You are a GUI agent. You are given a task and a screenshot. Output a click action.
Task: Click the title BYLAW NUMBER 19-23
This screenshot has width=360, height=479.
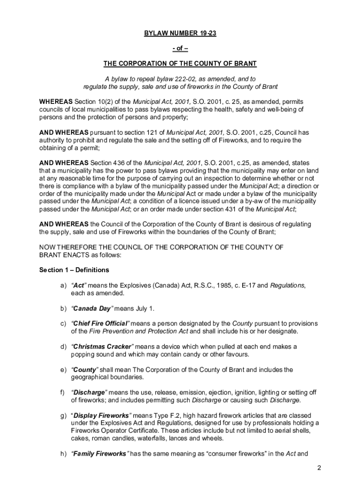pyautogui.click(x=180, y=34)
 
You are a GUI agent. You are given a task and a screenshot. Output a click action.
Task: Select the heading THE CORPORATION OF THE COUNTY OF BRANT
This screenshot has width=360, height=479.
pyautogui.click(x=180, y=64)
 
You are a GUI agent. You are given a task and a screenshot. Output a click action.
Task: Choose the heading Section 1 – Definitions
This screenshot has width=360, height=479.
pyautogui.click(x=74, y=270)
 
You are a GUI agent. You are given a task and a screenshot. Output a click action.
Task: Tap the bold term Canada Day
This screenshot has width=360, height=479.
pyautogui.click(x=91, y=308)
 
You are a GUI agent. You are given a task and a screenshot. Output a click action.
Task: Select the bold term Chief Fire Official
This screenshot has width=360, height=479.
pyautogui.click(x=101, y=324)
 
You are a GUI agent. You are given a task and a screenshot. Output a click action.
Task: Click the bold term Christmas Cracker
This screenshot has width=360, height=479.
pyautogui.click(x=102, y=347)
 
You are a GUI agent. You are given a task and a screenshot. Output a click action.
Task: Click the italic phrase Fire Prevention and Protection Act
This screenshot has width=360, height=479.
pyautogui.click(x=138, y=331)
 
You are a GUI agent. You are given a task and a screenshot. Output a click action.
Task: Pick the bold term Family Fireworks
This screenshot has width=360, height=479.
pyautogui.click(x=100, y=454)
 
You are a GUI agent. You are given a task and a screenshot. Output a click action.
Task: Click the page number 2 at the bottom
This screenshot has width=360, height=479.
pyautogui.click(x=318, y=468)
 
